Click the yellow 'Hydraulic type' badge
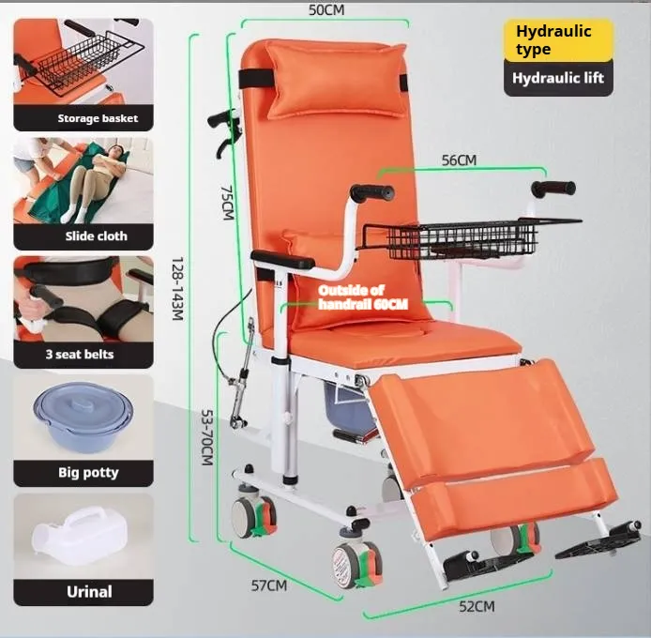click(x=558, y=40)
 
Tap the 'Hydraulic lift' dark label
click(x=558, y=78)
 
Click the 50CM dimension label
click(x=326, y=10)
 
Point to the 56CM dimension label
click(x=459, y=160)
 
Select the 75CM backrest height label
click(x=227, y=203)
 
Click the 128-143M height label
click(x=177, y=289)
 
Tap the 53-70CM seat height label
click(x=207, y=437)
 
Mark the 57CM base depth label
click(x=268, y=585)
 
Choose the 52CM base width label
click(x=477, y=607)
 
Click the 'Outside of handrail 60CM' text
click(x=362, y=297)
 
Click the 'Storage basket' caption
click(x=98, y=118)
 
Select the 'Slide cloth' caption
click(x=96, y=235)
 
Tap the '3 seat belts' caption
click(x=80, y=355)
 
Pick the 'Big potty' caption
click(x=88, y=473)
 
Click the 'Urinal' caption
click(x=89, y=591)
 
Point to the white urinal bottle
click(x=79, y=536)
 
